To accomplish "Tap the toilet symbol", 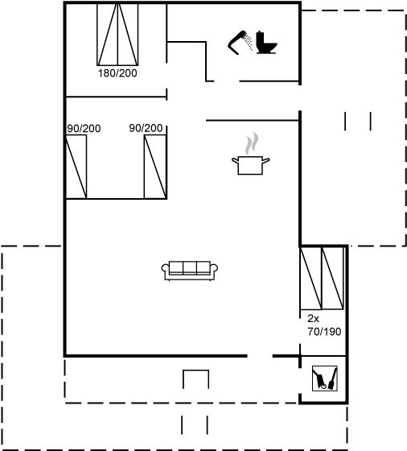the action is click(266, 43).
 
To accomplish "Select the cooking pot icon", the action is click(250, 165).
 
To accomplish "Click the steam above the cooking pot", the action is click(252, 143).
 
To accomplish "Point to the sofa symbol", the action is click(189, 271).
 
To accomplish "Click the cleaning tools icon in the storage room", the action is click(325, 379).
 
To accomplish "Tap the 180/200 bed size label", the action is click(117, 73).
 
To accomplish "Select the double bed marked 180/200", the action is click(117, 34).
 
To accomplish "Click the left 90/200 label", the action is click(84, 129).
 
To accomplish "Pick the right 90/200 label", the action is click(146, 128).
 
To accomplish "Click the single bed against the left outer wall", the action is click(76, 167).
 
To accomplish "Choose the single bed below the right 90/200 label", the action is click(155, 167).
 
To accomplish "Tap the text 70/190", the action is click(324, 332).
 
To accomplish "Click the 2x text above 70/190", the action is click(314, 318).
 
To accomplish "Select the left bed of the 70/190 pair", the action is click(310, 278).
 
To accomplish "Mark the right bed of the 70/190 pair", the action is click(333, 278).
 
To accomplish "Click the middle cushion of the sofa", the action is click(190, 267).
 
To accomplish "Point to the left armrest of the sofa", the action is click(165, 269).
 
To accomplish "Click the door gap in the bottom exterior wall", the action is click(260, 356).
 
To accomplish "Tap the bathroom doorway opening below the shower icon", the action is click(227, 81).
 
